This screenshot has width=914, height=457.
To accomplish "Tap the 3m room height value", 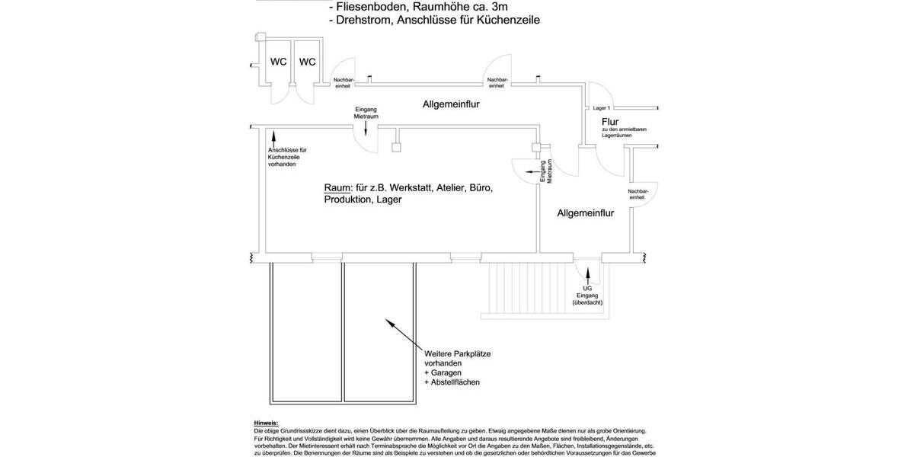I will coord(500,6).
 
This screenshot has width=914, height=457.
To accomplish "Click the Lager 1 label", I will coord(602,108).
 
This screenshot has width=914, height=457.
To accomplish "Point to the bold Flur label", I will coord(610,121).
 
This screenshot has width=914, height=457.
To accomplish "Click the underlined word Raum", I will coord(337,187).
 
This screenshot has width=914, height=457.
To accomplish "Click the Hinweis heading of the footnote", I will coord(266,423).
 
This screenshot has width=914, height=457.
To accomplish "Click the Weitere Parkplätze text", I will coord(457,353).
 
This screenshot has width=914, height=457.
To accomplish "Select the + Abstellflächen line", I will coord(452,382).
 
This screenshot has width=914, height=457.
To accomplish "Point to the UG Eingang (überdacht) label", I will coord(587,296).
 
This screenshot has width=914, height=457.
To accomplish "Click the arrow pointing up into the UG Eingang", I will coord(587,272).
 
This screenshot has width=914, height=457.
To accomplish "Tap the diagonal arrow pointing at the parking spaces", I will coord(401,334).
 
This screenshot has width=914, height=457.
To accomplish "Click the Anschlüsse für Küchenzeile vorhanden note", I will coord(288,157).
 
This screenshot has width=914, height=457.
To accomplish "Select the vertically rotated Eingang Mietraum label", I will coord(546,171).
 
